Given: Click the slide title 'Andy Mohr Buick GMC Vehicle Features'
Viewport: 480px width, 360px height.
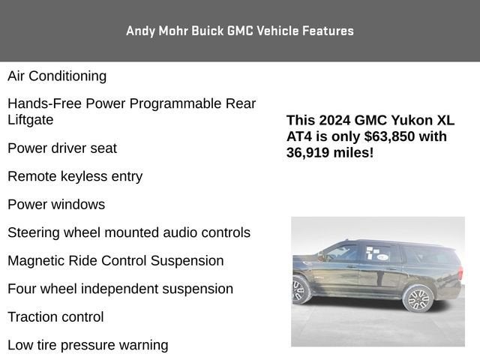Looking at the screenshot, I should click(240, 31).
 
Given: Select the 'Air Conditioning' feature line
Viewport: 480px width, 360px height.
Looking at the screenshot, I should click(57, 76).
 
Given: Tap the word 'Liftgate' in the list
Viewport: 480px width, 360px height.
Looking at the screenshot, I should click(31, 119).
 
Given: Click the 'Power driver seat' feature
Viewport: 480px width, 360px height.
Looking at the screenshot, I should click(62, 148).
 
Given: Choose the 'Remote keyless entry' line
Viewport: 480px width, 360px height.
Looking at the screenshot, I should click(75, 176).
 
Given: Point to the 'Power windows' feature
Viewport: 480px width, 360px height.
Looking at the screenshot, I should click(56, 204).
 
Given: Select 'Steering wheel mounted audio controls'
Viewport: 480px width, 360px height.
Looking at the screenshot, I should click(129, 232).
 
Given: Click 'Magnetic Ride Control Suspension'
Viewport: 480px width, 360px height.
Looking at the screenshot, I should click(115, 260).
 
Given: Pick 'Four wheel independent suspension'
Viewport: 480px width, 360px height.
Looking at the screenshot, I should click(120, 289).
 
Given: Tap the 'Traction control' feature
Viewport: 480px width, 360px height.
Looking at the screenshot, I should click(55, 316).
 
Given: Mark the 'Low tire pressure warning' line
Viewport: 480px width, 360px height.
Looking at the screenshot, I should click(88, 345).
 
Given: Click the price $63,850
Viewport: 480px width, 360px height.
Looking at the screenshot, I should click(405, 136).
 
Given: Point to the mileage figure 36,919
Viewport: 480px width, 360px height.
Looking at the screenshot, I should click(310, 152).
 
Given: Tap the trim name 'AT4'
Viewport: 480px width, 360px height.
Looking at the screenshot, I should click(298, 136).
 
